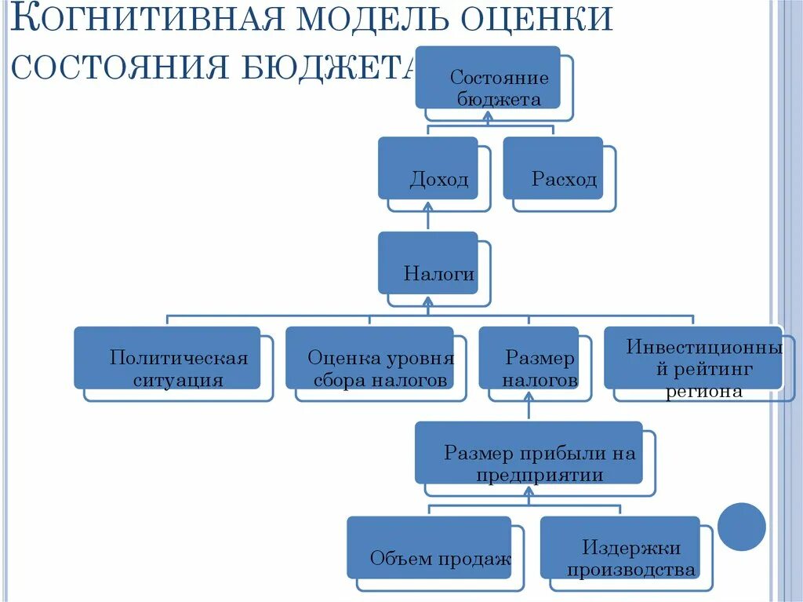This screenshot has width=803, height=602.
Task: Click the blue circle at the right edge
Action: pyautogui.click(x=741, y=527)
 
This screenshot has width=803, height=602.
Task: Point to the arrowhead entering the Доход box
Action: pyautogui.click(x=428, y=206)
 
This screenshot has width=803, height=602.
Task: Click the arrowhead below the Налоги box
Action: pyautogui.click(x=428, y=301)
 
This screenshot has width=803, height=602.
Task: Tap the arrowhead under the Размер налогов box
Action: pyautogui.click(x=529, y=396)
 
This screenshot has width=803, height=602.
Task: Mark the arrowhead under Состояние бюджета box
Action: pyautogui.click(x=488, y=115)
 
